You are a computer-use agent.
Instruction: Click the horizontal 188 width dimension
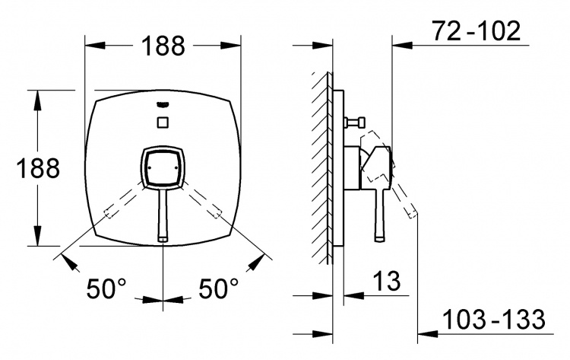(x=163, y=46)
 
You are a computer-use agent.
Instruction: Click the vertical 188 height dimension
(x=38, y=168)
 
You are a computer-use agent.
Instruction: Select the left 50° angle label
(x=106, y=288)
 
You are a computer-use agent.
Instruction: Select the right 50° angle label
(x=218, y=288)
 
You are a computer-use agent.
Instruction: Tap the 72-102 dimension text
(x=477, y=31)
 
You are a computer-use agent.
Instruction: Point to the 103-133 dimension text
(x=494, y=319)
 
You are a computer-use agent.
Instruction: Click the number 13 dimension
(x=386, y=281)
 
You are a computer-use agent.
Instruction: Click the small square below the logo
(x=163, y=123)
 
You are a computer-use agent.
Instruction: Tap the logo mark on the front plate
(x=163, y=105)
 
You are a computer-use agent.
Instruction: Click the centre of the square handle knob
(x=163, y=167)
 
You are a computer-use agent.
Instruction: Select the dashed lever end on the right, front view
(x=217, y=212)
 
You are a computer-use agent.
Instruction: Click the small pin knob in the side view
(x=356, y=123)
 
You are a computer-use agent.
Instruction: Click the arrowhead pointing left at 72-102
(x=403, y=45)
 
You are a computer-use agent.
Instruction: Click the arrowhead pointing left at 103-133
(x=428, y=333)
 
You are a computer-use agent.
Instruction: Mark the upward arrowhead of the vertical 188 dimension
(x=37, y=100)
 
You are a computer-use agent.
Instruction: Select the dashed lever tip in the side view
(x=413, y=213)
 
